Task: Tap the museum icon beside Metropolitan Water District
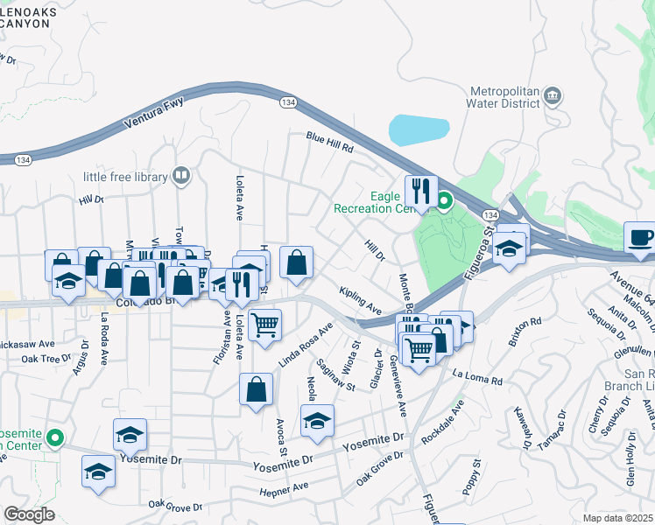553,94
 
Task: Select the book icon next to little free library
181,177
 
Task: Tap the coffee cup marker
641,237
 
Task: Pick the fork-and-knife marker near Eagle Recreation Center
421,191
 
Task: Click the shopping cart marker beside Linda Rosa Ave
264,325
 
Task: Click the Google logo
29,514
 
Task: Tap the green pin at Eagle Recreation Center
444,201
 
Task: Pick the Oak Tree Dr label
46,359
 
